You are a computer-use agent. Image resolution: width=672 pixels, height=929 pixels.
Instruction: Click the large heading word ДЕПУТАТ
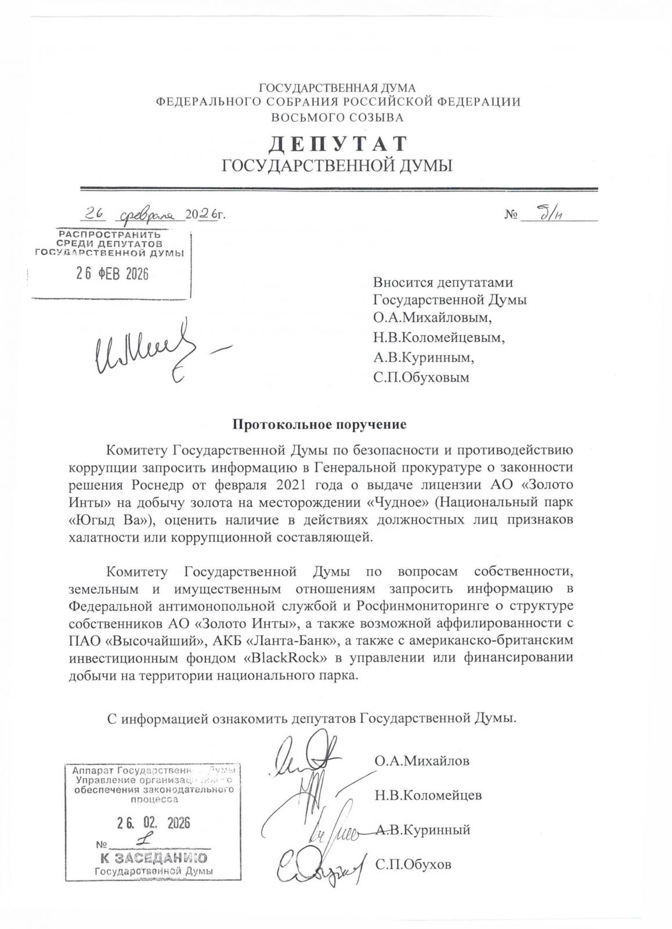pyautogui.click(x=338, y=143)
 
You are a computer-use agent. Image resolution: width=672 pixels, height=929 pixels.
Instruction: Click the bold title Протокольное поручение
pyautogui.click(x=319, y=424)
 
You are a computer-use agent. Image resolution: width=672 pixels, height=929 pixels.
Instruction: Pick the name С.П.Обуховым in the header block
pyautogui.click(x=421, y=378)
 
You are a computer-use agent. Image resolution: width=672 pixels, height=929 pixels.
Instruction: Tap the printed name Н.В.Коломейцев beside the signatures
pyautogui.click(x=428, y=795)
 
